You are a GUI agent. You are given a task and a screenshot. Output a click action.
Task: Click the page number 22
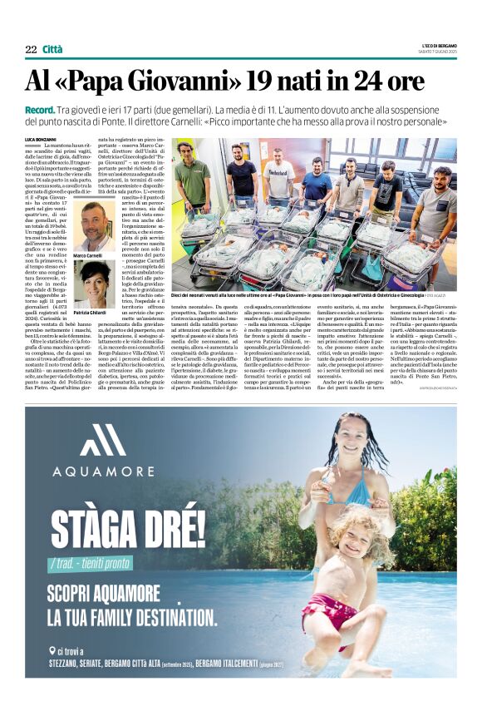coord(31,49)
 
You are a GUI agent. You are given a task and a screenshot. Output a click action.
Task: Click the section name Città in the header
coord(52,49)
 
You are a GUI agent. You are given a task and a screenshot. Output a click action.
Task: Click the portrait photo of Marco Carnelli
coord(89,224)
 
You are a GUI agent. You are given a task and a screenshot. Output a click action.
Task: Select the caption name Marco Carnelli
coord(88,255)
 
